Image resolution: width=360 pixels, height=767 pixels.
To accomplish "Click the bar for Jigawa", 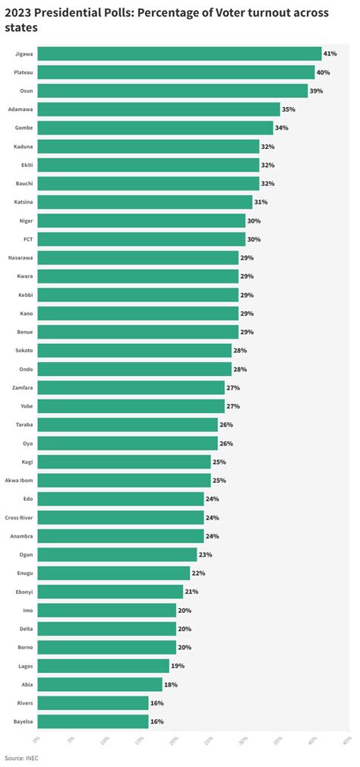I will (x=179, y=54).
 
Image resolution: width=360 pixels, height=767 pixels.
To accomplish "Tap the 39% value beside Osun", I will (x=316, y=91).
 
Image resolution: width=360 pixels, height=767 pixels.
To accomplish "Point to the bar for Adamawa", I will (x=159, y=109).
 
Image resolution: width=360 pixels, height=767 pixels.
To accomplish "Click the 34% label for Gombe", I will (x=281, y=128).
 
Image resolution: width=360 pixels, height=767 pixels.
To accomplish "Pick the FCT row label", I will (x=27, y=239).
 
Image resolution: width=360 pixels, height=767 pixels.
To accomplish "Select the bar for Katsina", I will (x=144, y=202).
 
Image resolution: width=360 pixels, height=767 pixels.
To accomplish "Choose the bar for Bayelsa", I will (x=93, y=721).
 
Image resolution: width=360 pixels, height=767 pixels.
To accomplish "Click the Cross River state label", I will (x=18, y=517).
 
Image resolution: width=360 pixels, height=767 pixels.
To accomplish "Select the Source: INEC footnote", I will (x=21, y=758).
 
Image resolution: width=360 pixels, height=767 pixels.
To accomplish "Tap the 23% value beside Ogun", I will (x=205, y=554).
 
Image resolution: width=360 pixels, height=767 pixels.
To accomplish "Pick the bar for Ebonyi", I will (x=110, y=592).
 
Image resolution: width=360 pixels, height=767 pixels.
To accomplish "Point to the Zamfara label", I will (x=21, y=387).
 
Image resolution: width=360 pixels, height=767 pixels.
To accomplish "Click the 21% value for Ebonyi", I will (x=191, y=592).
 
